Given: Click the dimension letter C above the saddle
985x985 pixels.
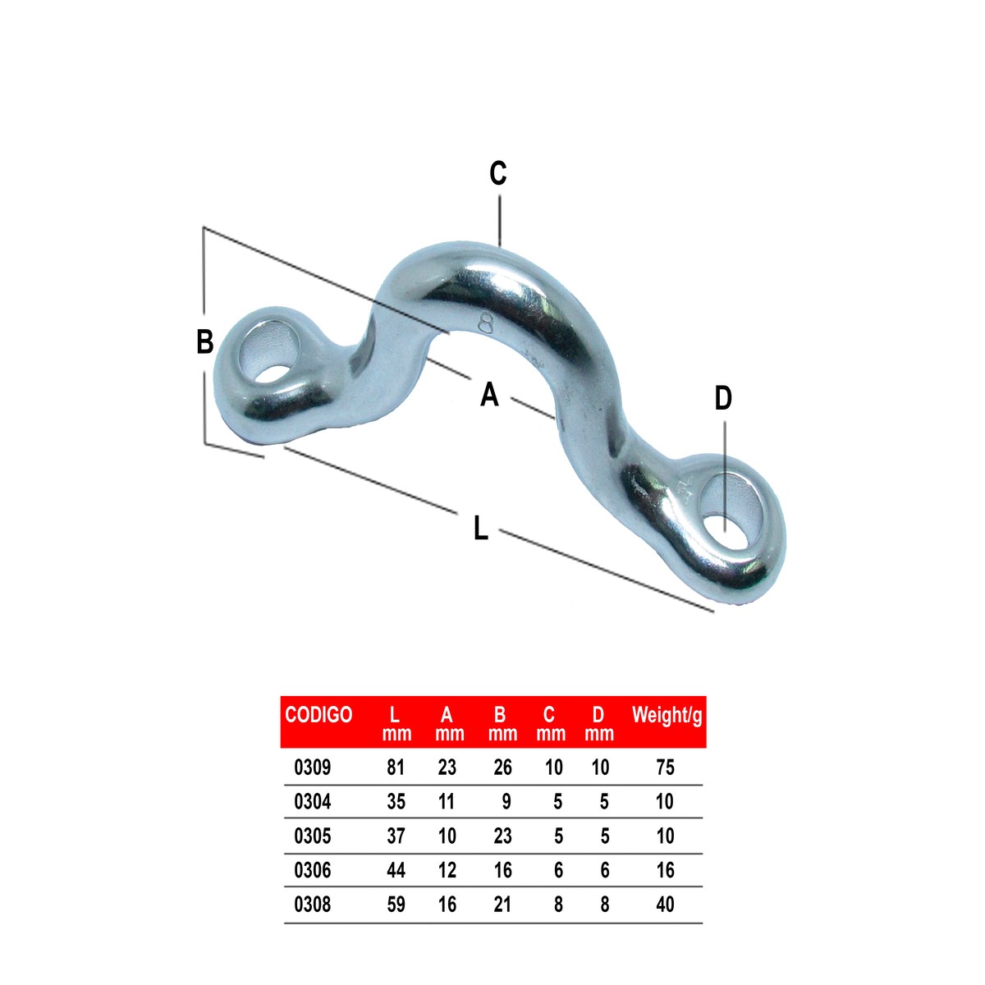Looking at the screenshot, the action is click(497, 173).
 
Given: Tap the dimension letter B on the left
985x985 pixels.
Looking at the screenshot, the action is click(204, 341).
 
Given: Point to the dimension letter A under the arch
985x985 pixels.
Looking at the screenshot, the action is click(489, 394).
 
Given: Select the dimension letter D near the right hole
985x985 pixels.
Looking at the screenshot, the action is click(723, 398).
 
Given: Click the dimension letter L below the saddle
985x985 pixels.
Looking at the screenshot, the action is click(480, 528).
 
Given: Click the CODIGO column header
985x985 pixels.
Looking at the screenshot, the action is click(318, 715).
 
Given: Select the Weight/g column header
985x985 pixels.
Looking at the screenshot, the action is click(667, 716).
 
